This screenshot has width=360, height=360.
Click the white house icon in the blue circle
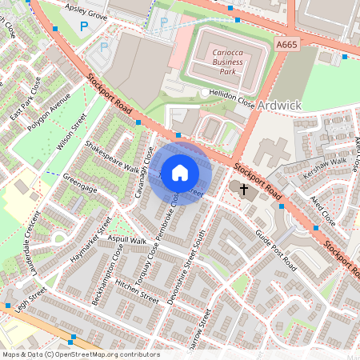(x=180, y=173)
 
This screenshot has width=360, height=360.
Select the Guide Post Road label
(x=276, y=251)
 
